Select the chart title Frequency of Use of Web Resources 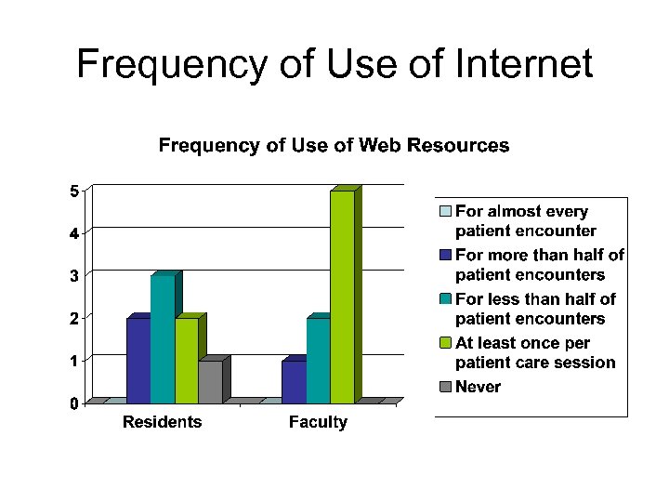[334, 145]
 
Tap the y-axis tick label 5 [73, 192]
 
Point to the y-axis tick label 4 [73, 232]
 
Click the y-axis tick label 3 [73, 275]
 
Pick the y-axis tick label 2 [73, 318]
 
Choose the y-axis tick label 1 [73, 360]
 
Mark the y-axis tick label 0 [73, 403]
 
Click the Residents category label [162, 422]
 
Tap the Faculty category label [318, 422]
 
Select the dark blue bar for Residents [138, 360]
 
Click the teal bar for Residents [162, 338]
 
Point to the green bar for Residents [186, 360]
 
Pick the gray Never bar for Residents [210, 381]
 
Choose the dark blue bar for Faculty [294, 381]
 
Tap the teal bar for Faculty [318, 360]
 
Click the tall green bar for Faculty [342, 296]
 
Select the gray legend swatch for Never [446, 387]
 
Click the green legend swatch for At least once [446, 343]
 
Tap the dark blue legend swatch [446, 255]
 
